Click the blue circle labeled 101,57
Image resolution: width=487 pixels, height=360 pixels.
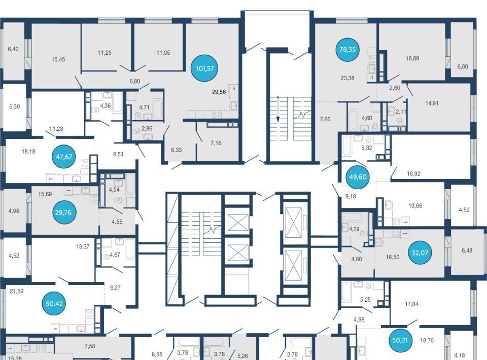204,68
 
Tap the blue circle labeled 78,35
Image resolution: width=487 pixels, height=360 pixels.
347,49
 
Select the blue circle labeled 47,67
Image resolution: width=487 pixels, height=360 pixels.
64,157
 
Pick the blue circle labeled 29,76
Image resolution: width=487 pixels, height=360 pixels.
63,212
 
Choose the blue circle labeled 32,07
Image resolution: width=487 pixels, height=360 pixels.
420,253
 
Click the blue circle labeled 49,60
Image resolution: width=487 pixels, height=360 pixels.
358,177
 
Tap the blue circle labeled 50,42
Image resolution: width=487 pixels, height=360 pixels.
54,304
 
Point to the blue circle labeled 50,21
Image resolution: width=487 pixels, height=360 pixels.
400,340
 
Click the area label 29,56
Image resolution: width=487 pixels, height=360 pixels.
219,92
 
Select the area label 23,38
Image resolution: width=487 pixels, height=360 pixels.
347,78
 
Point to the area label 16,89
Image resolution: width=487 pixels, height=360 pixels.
412,58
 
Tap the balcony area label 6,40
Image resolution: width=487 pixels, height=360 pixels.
13,49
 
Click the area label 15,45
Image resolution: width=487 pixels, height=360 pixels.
58,59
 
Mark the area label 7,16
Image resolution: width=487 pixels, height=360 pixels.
216,143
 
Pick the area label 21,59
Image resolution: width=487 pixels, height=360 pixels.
16,291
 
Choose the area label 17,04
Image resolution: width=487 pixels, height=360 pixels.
411,304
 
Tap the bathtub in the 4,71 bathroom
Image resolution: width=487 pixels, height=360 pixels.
158,109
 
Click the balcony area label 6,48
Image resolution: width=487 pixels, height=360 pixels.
467,250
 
